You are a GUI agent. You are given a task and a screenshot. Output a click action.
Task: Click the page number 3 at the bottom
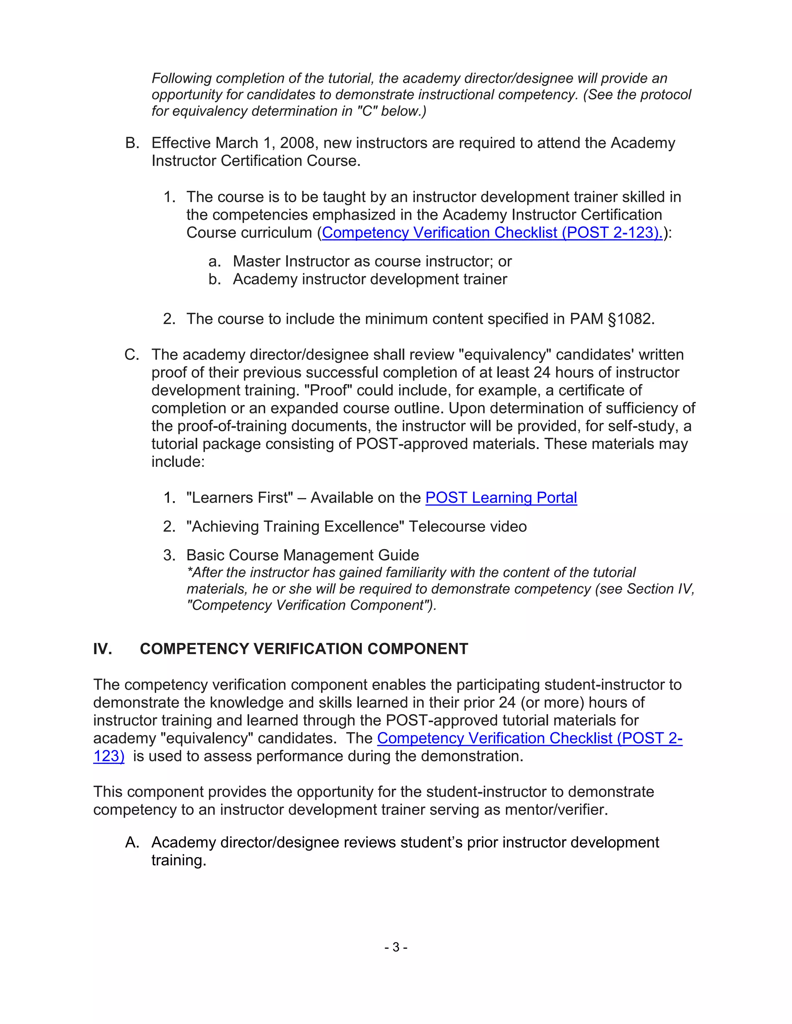396,947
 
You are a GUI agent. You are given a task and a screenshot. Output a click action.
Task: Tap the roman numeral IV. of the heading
102,649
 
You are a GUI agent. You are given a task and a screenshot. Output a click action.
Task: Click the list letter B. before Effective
132,143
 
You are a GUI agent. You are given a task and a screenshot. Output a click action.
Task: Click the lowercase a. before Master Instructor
214,261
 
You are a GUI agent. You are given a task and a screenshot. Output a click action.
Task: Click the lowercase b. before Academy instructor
214,279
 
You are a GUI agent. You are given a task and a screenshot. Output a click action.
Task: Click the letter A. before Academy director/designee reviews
132,842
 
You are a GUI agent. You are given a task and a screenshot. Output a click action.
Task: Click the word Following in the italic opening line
181,78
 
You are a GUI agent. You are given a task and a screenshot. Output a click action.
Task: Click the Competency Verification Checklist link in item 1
492,233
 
